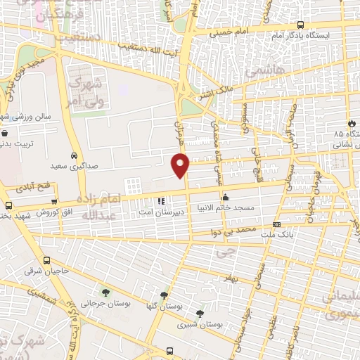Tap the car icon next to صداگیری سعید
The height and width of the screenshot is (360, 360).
tap(74, 155)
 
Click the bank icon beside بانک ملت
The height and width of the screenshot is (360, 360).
tap(276, 225)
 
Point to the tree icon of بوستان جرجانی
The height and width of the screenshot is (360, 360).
tap(105, 292)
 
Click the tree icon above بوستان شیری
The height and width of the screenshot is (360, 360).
tap(200, 314)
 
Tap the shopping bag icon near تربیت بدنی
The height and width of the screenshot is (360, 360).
tap(5, 133)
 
